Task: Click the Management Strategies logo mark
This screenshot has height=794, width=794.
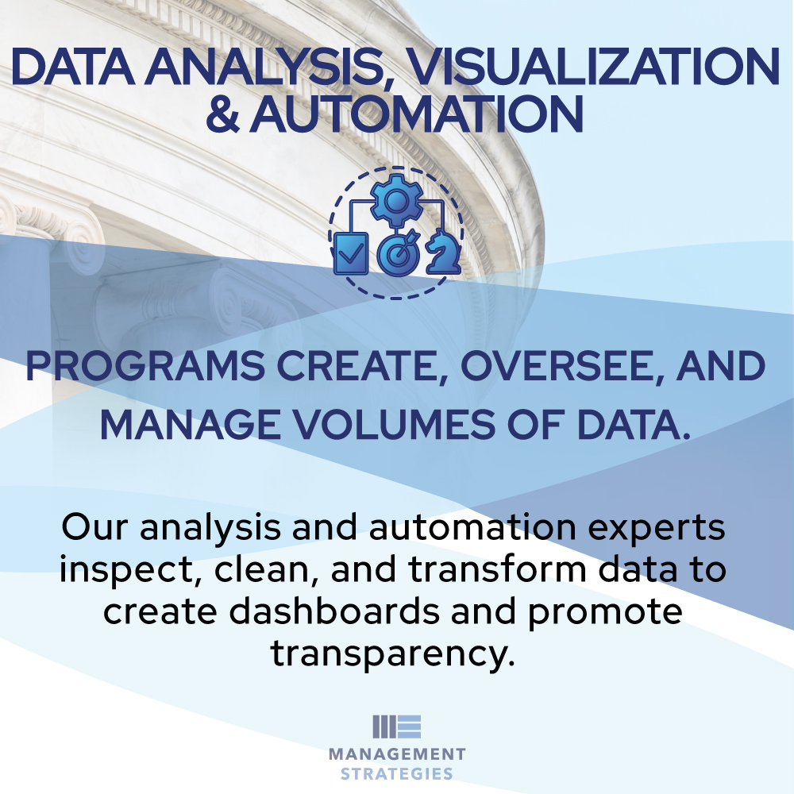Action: click(396, 727)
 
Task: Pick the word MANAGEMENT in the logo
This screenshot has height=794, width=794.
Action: click(397, 754)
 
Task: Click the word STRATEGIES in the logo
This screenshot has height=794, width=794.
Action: click(397, 773)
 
